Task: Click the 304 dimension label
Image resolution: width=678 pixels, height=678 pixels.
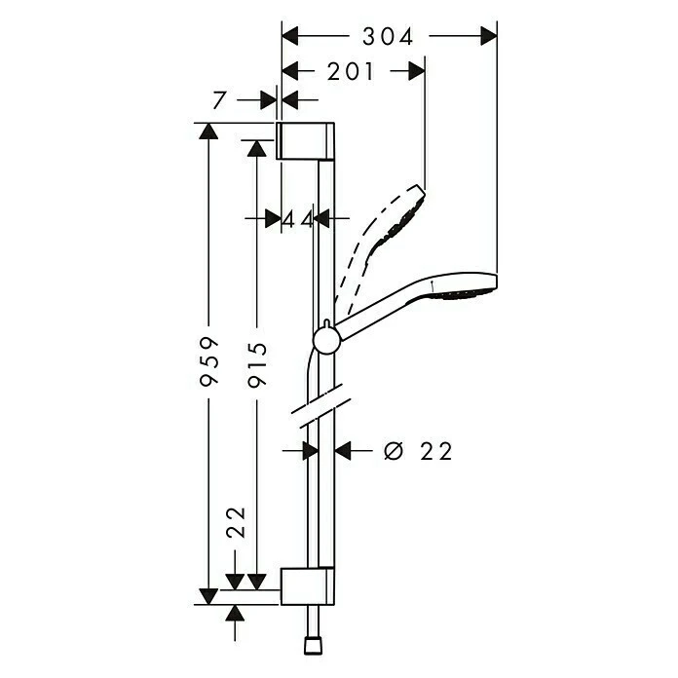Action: tap(388, 37)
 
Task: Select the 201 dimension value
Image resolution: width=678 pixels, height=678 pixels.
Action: tap(351, 71)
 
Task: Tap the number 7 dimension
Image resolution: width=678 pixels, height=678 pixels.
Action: tap(219, 101)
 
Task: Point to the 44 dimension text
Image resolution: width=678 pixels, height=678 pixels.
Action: tap(297, 220)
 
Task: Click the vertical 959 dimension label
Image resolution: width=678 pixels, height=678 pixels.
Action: tap(209, 361)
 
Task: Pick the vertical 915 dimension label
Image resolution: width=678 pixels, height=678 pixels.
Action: tap(258, 364)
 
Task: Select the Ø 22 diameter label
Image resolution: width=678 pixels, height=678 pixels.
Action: tap(418, 451)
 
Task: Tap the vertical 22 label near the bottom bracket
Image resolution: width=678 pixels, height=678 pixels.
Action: tap(236, 522)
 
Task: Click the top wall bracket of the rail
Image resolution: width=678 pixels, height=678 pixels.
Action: tap(305, 141)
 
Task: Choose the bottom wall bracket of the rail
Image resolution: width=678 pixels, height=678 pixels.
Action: tap(308, 585)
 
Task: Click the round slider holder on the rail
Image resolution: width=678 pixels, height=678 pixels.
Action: tap(327, 340)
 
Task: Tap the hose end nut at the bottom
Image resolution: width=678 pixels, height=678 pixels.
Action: tap(314, 646)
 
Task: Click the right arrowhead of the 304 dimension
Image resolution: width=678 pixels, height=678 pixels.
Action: tap(489, 36)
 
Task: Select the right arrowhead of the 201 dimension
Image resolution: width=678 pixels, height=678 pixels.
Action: tap(416, 71)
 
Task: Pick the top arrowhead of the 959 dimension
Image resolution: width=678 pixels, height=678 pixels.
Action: tap(208, 131)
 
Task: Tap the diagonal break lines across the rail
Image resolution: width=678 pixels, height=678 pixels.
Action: tap(320, 405)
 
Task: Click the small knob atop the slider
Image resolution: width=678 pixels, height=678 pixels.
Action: tap(327, 324)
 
